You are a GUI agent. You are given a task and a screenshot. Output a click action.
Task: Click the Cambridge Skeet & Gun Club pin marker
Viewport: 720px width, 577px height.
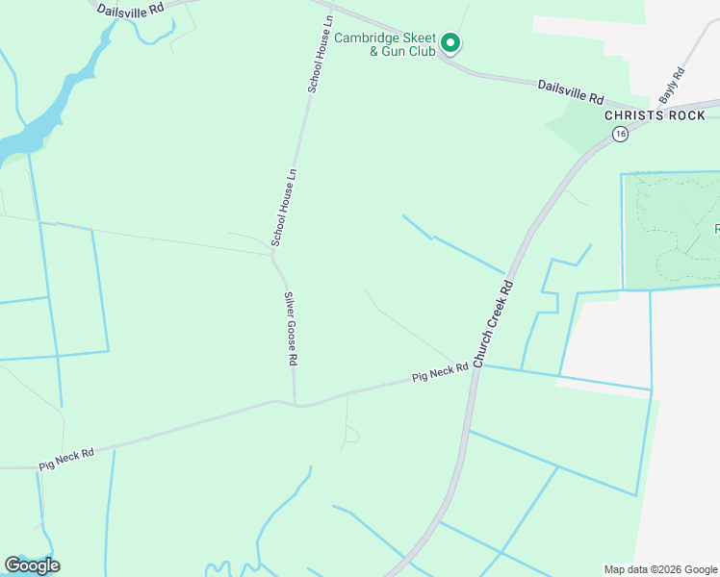tap(450, 42)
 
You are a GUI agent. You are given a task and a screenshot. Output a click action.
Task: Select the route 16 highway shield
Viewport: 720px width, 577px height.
tap(620, 135)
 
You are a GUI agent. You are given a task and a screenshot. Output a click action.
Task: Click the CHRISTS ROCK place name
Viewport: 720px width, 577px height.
tap(642, 115)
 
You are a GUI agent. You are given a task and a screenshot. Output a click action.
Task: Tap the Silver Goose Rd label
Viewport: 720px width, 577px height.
tap(289, 329)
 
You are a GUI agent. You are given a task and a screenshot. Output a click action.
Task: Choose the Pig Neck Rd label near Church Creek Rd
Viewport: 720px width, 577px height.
tap(440, 372)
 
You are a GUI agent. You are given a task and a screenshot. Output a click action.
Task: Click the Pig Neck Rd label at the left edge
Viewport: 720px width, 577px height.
tap(66, 459)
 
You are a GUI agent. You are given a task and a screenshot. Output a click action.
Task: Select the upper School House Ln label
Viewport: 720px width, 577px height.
tap(321, 53)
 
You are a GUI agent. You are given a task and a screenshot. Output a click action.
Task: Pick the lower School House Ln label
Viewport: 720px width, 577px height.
tap(284, 207)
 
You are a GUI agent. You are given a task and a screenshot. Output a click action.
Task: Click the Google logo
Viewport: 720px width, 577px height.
tap(32, 565)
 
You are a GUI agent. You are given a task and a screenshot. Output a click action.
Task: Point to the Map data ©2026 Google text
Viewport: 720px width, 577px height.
tap(659, 569)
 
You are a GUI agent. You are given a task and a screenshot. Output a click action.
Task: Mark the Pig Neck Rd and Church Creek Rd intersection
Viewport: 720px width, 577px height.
tap(475, 366)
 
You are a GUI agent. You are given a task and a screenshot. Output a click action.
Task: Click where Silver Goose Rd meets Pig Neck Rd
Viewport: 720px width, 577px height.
tap(296, 404)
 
